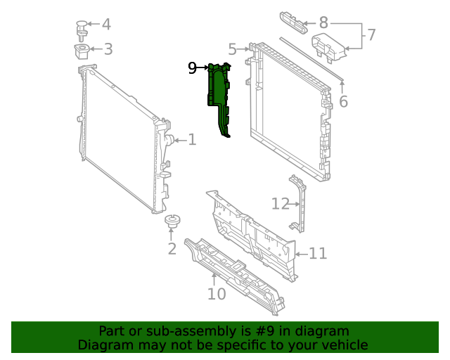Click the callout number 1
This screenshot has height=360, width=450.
(x=191, y=140)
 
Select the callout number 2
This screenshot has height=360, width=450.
(x=172, y=249)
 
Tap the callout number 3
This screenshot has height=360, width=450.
(x=108, y=49)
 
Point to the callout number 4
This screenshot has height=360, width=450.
(x=106, y=25)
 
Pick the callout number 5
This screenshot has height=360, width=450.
(x=232, y=49)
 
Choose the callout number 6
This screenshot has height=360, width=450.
(x=343, y=102)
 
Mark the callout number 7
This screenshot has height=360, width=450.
(x=371, y=34)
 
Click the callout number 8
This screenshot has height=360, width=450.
(x=323, y=22)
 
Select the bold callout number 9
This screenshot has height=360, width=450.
(x=193, y=68)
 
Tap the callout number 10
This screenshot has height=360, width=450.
(x=217, y=294)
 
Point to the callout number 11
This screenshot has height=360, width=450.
(x=318, y=253)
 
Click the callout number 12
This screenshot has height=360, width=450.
(x=281, y=204)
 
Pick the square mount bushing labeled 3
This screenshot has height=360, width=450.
(x=82, y=51)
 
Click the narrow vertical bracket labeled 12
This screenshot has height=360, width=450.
(x=300, y=204)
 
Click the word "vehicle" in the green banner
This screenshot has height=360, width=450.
(x=342, y=345)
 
